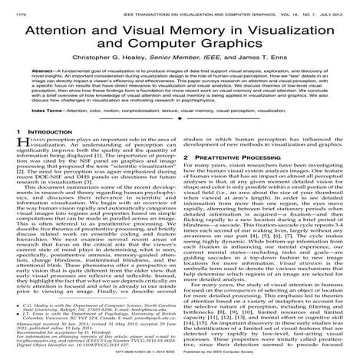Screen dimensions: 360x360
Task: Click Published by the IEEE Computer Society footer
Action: [x=270, y=355]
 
